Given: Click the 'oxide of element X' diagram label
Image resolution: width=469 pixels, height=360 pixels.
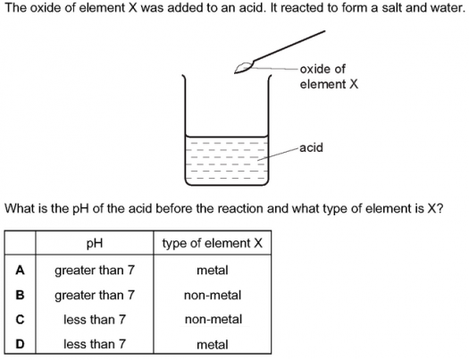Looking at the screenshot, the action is (329, 77).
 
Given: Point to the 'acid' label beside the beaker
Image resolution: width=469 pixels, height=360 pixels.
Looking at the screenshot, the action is (311, 147).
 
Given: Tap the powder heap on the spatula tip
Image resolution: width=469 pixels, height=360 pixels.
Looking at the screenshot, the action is (244, 68).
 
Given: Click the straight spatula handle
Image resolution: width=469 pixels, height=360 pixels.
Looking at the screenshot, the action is (289, 46).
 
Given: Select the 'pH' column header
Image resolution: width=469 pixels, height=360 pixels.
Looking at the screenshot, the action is (94, 243).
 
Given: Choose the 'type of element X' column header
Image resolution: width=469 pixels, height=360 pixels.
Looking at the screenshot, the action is (213, 243).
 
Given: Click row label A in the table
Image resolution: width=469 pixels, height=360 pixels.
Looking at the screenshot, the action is (20, 271).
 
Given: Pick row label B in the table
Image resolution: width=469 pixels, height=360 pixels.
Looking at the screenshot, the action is (20, 295).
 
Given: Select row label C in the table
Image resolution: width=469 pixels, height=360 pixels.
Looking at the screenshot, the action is (20, 320).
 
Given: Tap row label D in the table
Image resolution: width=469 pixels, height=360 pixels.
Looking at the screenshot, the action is (20, 344).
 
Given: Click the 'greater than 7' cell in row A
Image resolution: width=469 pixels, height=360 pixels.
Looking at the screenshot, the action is (95, 271).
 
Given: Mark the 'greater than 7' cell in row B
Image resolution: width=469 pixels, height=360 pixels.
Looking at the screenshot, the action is (95, 296).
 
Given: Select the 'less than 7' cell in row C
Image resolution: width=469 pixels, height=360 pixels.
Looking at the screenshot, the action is (95, 320).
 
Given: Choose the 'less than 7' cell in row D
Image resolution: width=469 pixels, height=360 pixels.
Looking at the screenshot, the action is (95, 344).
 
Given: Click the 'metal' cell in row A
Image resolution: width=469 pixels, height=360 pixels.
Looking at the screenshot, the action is (213, 271).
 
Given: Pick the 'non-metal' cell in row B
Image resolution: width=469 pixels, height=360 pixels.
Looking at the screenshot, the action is (213, 296).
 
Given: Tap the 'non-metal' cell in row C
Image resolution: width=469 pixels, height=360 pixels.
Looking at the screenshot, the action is (214, 320).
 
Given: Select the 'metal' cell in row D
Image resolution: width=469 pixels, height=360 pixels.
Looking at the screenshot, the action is (213, 345).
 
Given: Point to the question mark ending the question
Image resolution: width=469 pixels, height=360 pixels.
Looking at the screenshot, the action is (439, 208).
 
